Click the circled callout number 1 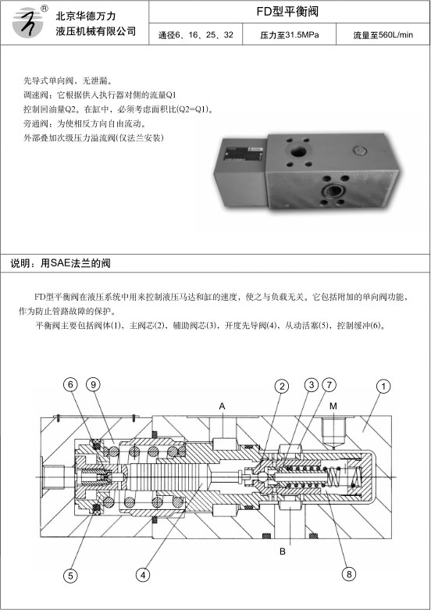(383, 387)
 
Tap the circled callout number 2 (282, 387)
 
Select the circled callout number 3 (312, 385)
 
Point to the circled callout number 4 (143, 575)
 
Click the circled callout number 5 (70, 576)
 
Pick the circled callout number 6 (70, 385)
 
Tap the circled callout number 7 (329, 385)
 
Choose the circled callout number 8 (348, 574)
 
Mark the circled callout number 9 (93, 385)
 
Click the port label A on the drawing (222, 406)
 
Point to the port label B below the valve (283, 551)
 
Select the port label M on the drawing (333, 406)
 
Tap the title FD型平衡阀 (287, 11)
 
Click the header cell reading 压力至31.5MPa (290, 35)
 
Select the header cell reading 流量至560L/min (383, 35)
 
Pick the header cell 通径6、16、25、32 (196, 35)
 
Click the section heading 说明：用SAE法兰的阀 (60, 263)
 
